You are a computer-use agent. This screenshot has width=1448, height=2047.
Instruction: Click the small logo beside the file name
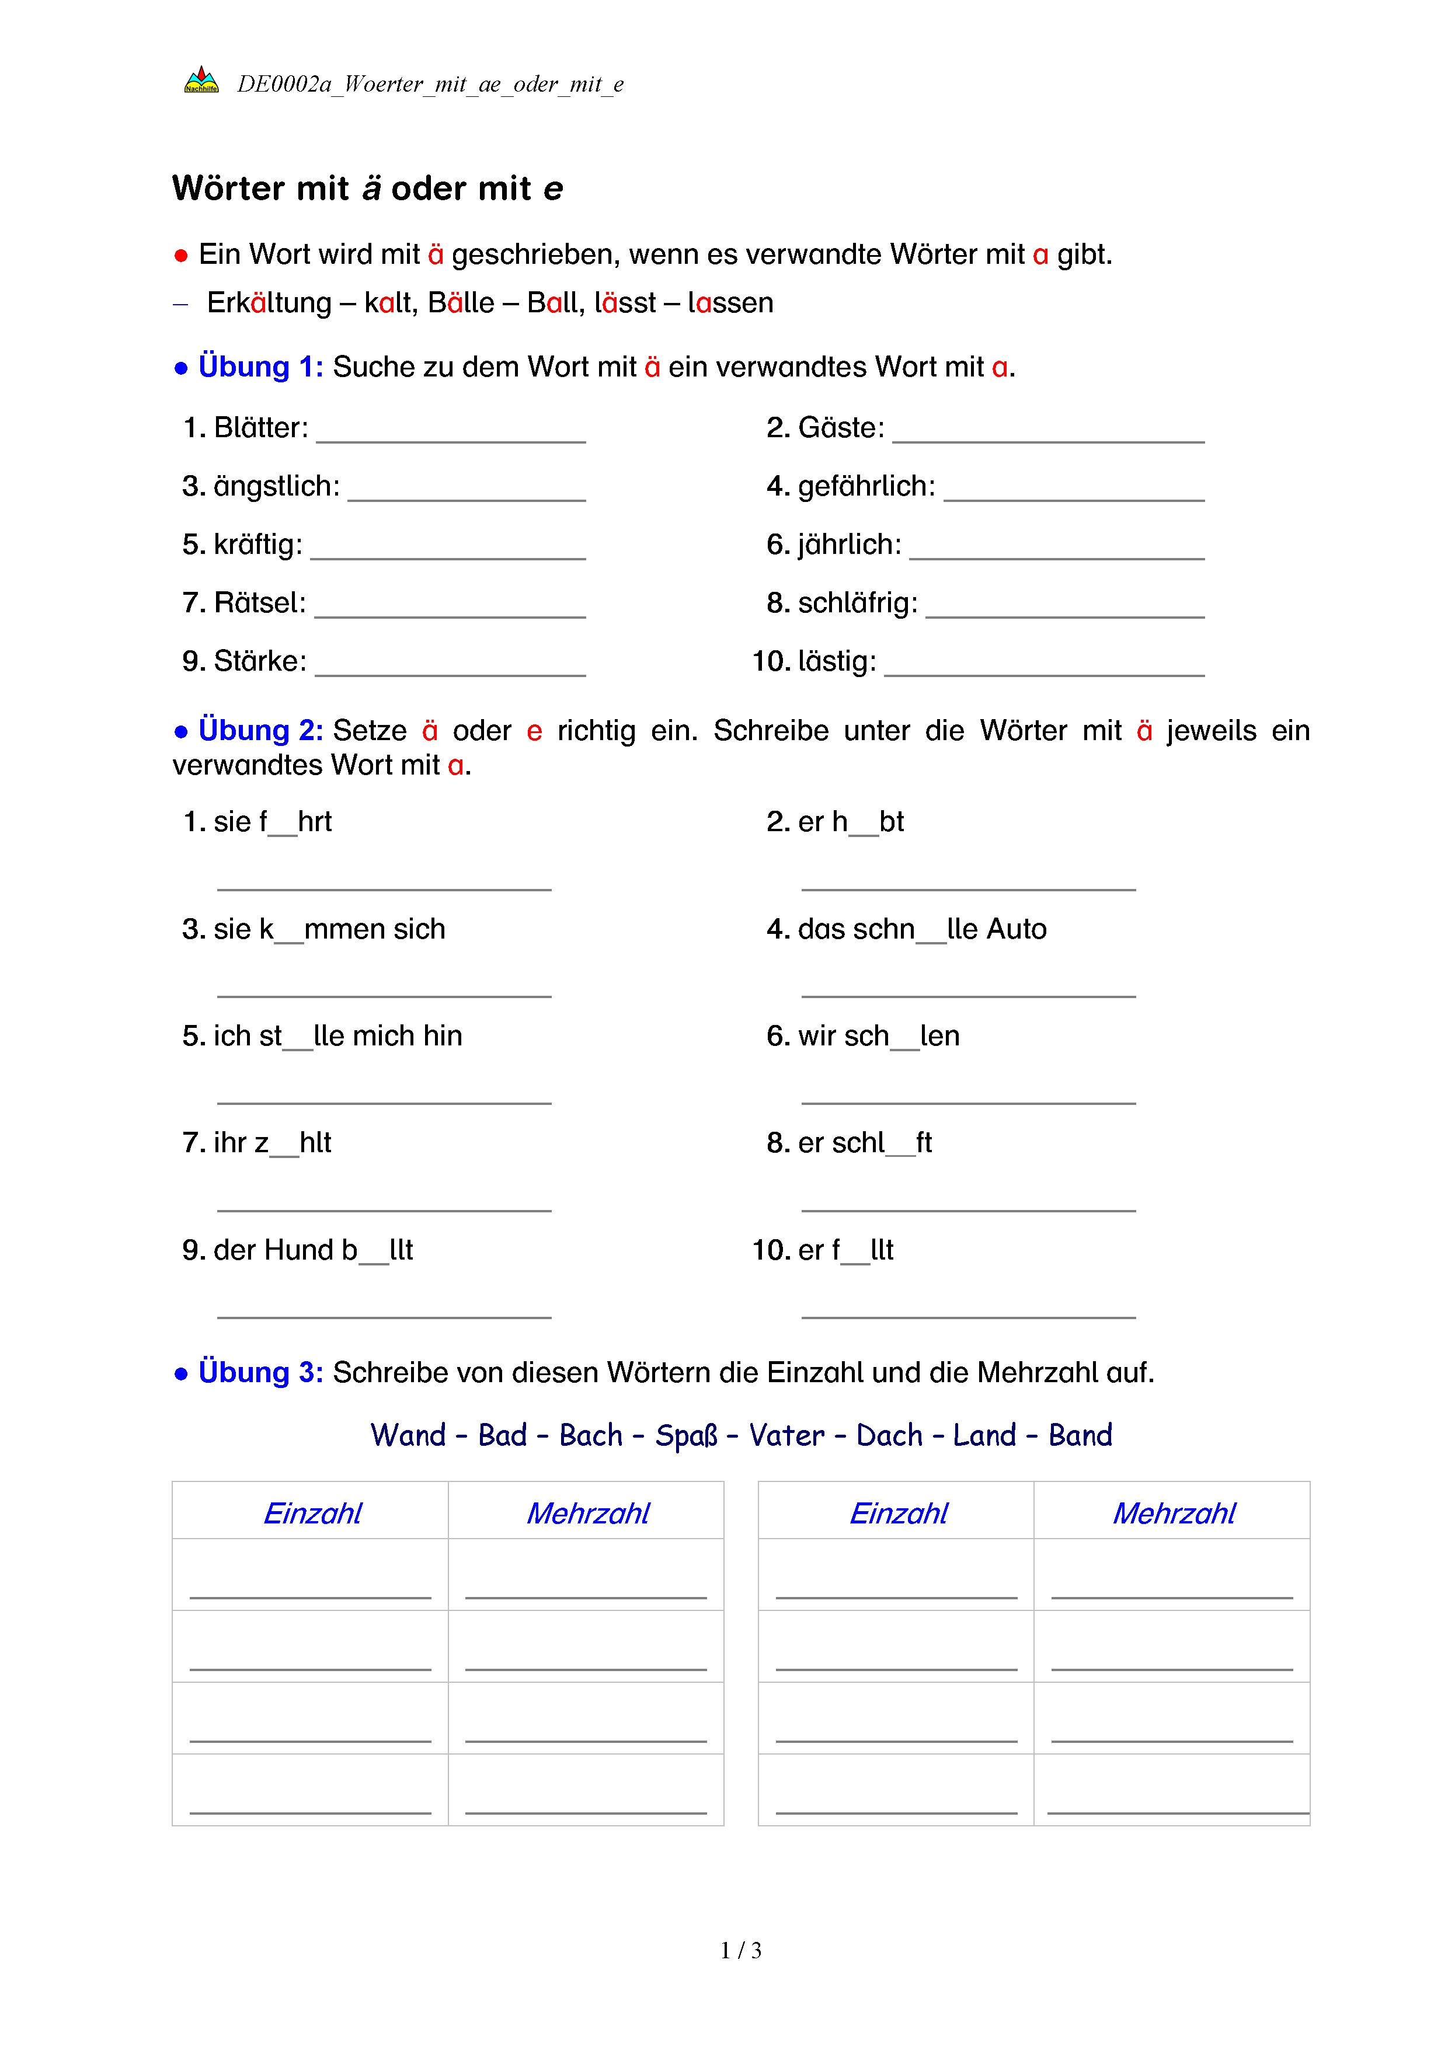(201, 80)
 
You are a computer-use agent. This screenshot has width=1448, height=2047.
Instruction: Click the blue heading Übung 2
(260, 730)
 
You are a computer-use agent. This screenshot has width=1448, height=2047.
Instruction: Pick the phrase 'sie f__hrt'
(272, 821)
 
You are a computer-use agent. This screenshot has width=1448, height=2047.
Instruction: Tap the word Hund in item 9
(299, 1250)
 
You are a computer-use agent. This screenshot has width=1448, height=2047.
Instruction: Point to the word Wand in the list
(408, 1435)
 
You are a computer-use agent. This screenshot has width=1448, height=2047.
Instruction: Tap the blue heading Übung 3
(260, 1372)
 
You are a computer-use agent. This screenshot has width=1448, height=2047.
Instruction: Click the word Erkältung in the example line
(269, 303)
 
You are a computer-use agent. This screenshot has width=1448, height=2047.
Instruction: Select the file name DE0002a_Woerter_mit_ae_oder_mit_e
(430, 84)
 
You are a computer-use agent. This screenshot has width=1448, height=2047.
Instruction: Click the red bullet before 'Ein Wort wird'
(181, 256)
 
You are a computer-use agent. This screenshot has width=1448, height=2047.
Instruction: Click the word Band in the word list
(1080, 1435)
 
